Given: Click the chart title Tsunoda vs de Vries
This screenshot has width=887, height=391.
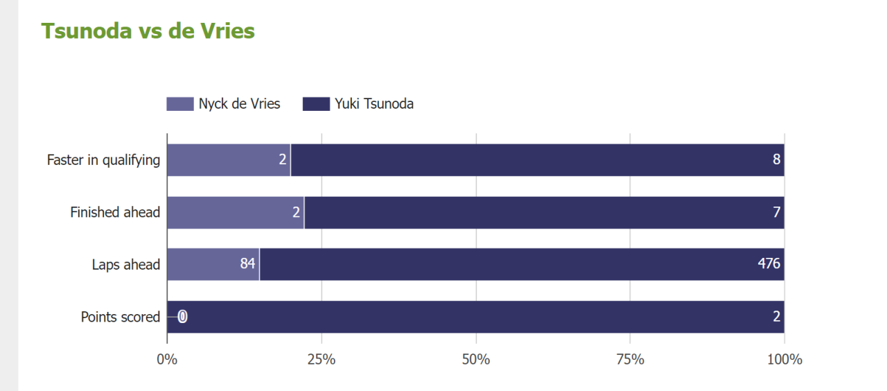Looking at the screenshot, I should click(x=148, y=31).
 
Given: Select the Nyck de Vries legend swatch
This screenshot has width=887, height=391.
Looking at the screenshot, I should click(x=179, y=104).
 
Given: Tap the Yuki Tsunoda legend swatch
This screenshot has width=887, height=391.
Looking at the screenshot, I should click(x=316, y=104).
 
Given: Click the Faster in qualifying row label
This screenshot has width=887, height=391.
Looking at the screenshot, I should click(x=103, y=160).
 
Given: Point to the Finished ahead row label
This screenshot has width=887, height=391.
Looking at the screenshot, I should click(x=115, y=212).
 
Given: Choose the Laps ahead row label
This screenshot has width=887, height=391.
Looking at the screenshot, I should click(x=126, y=265).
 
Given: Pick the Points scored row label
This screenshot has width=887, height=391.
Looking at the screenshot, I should click(x=121, y=317).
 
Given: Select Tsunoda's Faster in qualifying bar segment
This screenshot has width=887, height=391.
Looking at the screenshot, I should click(x=537, y=160).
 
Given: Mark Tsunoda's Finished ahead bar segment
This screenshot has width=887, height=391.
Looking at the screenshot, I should click(x=544, y=212).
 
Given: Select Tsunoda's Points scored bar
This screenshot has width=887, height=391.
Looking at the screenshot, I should click(x=478, y=317).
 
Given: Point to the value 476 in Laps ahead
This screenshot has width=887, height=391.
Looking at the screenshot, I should click(x=769, y=264).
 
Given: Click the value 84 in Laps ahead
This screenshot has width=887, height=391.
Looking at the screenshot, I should click(x=248, y=264).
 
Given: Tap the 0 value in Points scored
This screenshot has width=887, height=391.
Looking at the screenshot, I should click(x=182, y=317).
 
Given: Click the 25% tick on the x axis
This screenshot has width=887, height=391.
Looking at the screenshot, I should click(x=322, y=360).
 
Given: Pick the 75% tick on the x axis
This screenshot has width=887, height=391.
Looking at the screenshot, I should click(x=630, y=360).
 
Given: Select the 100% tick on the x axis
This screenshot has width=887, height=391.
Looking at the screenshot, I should click(x=784, y=360).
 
